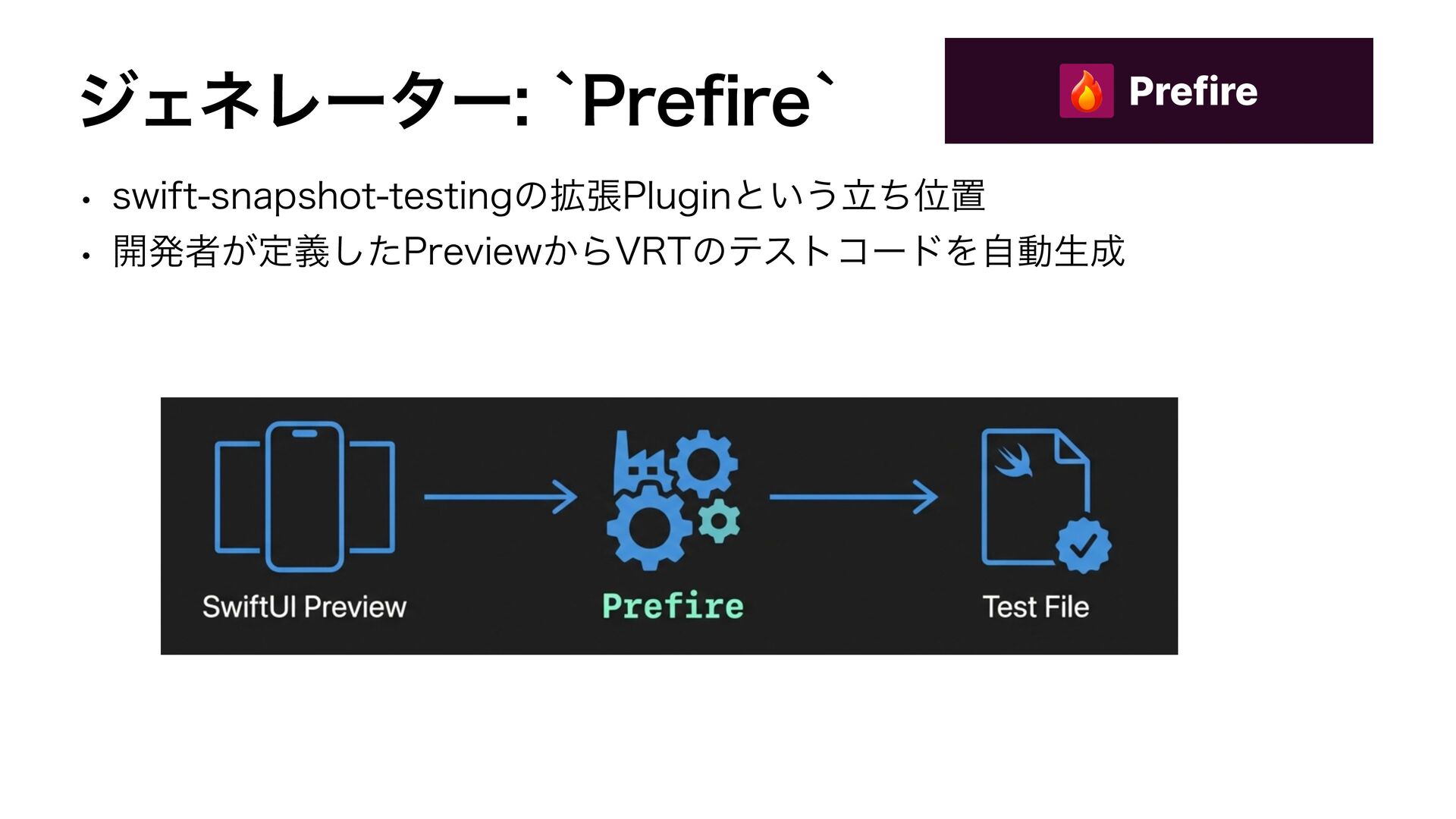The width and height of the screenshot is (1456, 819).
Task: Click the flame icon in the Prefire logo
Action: tap(1086, 91)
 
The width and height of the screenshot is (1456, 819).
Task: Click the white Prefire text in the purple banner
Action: tap(1193, 91)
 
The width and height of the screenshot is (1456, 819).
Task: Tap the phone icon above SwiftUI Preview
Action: tap(305, 496)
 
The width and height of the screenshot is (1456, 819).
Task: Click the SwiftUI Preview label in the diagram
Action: tap(304, 607)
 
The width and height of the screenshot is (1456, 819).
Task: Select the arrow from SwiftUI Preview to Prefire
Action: tap(500, 497)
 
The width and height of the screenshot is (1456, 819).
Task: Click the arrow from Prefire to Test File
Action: tap(853, 497)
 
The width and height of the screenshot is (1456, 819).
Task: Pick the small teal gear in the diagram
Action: tap(719, 521)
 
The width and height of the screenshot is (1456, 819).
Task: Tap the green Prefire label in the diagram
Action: tap(673, 607)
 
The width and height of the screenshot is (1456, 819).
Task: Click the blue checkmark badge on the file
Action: tap(1084, 544)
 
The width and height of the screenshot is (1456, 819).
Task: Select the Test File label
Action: tap(1035, 607)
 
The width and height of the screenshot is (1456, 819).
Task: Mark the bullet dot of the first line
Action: tap(88, 201)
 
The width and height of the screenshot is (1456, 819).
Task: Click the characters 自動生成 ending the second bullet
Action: tap(1052, 252)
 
